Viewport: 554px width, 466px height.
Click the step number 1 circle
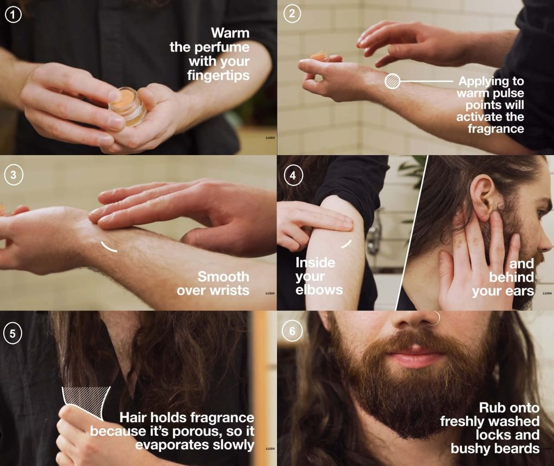(13, 15)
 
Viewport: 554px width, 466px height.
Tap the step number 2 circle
(292, 14)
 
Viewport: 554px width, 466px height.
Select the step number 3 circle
(14, 175)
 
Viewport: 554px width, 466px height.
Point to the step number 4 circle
(293, 176)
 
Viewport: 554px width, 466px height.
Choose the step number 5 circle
(12, 333)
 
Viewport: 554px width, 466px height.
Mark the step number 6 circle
(292, 331)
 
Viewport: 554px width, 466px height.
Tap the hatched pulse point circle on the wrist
(392, 81)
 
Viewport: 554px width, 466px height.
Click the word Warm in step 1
(230, 33)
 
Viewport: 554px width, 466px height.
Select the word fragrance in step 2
(496, 129)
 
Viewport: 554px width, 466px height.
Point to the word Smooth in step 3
(223, 277)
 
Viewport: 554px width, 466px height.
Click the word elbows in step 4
(319, 290)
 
